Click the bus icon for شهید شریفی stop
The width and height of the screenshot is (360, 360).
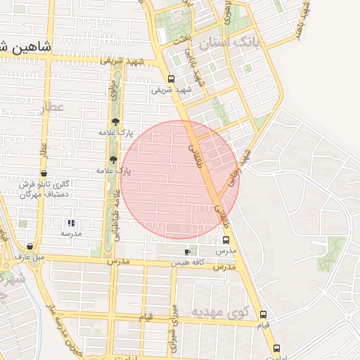coord(172,79)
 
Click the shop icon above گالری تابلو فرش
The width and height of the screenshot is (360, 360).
coord(44,173)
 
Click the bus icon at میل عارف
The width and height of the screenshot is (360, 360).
coord(29,247)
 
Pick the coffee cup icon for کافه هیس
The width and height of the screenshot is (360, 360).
coord(187,251)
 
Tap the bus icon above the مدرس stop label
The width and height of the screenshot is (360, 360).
coord(225,240)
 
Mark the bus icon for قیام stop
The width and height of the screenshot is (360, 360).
coord(263,314)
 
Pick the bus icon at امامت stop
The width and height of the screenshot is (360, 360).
coord(276,348)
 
